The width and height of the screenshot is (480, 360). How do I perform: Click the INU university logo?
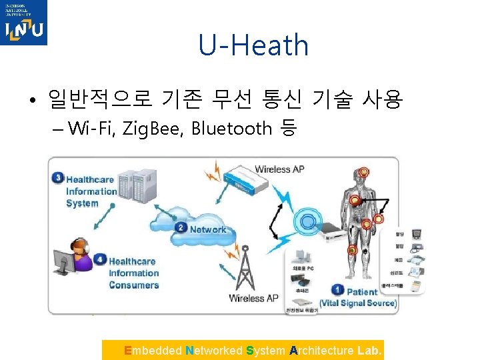pyautogui.click(x=24, y=23)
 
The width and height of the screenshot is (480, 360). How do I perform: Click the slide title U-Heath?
pyautogui.click(x=253, y=45)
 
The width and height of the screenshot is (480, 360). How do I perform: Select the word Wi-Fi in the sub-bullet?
pyautogui.click(x=90, y=127)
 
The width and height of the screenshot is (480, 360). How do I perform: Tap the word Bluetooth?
pyautogui.click(x=231, y=127)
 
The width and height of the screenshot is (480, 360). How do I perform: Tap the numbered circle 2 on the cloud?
pyautogui.click(x=181, y=228)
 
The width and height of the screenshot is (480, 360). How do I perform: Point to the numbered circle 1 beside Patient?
pyautogui.click(x=337, y=290)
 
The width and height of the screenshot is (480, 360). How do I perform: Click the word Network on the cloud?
pyautogui.click(x=208, y=229)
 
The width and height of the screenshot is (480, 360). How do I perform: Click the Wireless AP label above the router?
pyautogui.click(x=279, y=169)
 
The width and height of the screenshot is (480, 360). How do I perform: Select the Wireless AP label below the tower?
pyautogui.click(x=253, y=298)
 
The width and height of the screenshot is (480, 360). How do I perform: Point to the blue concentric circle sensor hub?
pyautogui.click(x=308, y=220)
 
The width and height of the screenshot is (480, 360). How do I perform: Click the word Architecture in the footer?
pyautogui.click(x=322, y=351)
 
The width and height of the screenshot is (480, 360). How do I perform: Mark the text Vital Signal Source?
pyautogui.click(x=358, y=303)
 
